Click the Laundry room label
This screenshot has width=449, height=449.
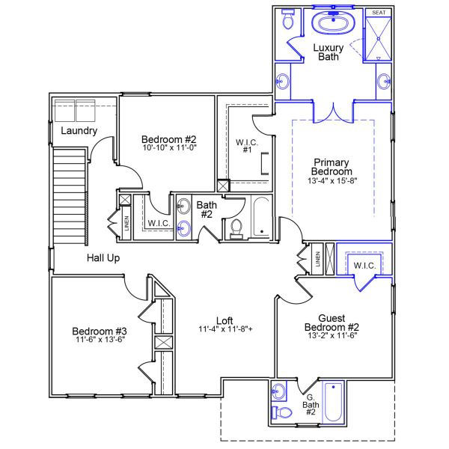[79, 131]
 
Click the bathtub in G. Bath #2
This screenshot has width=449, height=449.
[332, 403]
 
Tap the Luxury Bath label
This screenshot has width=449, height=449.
[328, 52]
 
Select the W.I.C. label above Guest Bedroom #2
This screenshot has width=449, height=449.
[364, 266]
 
